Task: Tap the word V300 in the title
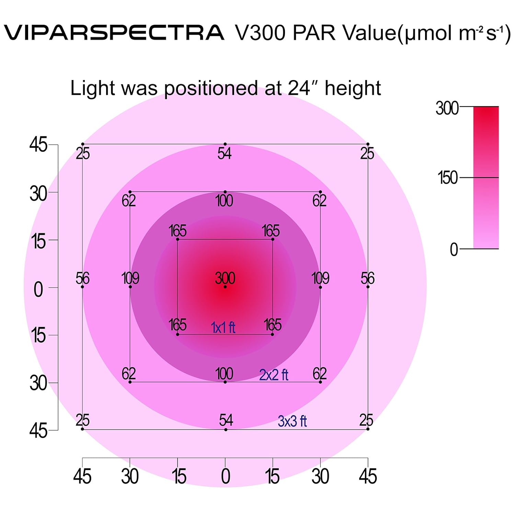pos(260,33)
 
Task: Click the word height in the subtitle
pos(353,88)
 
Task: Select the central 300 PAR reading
pos(225,278)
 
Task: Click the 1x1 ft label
pos(223,328)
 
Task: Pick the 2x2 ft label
pos(274,375)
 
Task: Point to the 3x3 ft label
pos(292,421)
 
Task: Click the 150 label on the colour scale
pos(447,178)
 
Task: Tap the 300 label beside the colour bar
pos(447,108)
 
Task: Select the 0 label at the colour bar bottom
pos(454,249)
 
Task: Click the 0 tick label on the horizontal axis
pos(225,477)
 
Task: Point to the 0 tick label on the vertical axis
pos(38,289)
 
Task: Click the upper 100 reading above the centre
pos(224,201)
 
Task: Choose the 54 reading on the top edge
pos(225,153)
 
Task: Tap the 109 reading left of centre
pos(130,278)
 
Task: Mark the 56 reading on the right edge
pos(367,278)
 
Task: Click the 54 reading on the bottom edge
pos(226,420)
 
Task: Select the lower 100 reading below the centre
pos(224,374)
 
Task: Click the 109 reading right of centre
pos(320,278)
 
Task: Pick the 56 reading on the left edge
pos(82,278)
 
